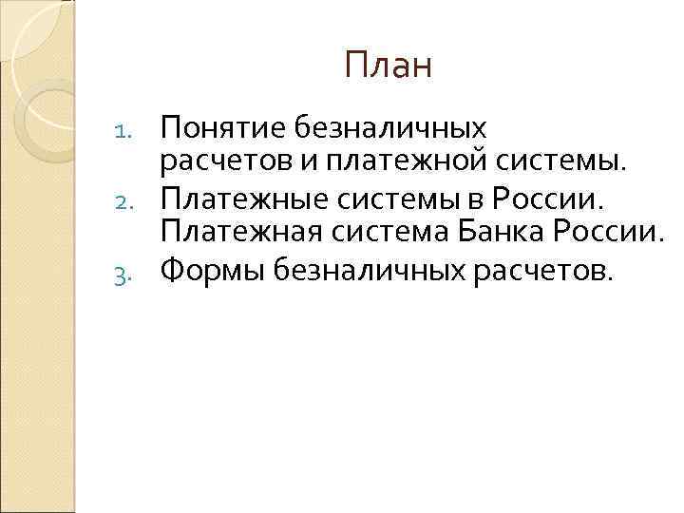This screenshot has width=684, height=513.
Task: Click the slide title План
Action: point(389,66)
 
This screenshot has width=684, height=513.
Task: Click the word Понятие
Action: point(214,127)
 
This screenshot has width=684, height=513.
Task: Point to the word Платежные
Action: point(239,200)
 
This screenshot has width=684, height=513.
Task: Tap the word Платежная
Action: point(237,234)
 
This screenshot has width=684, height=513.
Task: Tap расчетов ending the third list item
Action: point(538,271)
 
